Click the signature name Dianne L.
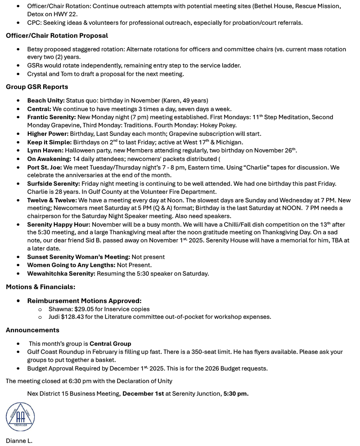19,441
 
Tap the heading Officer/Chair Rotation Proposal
57,36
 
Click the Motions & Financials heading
40,286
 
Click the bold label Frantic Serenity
51,117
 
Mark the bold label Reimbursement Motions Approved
84,300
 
